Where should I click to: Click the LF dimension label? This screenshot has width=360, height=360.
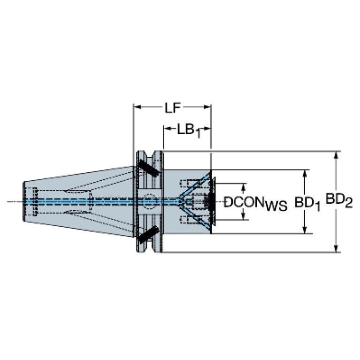(173, 107)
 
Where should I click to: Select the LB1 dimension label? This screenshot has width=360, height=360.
(189, 131)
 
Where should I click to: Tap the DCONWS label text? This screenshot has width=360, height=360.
(255, 203)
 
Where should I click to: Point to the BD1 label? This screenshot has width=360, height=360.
(307, 203)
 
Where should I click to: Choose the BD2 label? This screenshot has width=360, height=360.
(339, 200)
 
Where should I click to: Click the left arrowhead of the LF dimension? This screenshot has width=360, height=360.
(137, 107)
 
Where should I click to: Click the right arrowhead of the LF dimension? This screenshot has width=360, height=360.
(207, 107)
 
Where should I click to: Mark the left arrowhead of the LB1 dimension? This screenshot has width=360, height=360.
(167, 129)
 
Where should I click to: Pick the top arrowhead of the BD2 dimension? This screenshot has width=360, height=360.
(336, 155)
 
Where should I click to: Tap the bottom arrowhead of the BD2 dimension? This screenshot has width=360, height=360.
(336, 249)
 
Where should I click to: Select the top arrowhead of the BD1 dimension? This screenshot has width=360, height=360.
(305, 173)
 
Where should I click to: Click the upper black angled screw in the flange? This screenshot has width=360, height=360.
(148, 168)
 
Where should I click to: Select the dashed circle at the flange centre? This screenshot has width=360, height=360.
(149, 201)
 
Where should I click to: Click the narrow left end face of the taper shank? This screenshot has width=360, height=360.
(23, 201)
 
